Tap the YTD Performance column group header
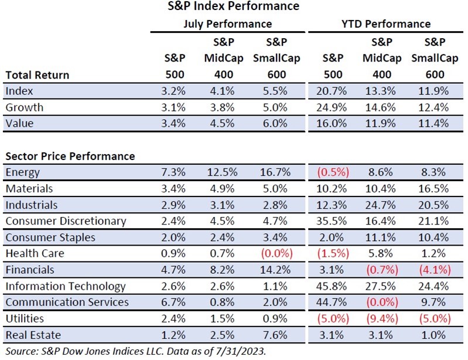point(385,24)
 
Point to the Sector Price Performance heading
point(70,157)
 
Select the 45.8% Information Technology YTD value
point(333,286)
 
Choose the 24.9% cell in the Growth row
point(333,108)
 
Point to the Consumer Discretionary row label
point(65,221)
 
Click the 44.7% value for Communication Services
point(333,303)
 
